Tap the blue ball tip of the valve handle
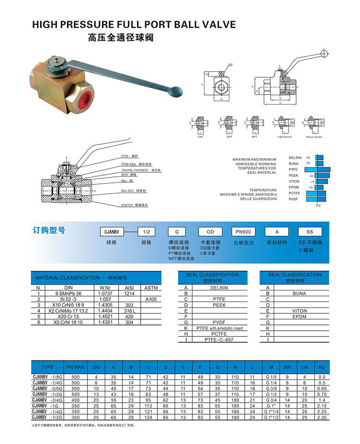point(178,90)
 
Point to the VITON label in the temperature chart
point(294,181)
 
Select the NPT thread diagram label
point(254,137)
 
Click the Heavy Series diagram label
point(314,137)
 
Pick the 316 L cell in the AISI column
point(129,311)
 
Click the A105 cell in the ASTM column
point(151,299)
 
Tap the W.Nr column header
point(105,287)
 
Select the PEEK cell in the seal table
point(213,305)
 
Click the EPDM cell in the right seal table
point(299,316)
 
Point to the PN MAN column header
point(75,367)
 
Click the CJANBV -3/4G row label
point(47,399)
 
